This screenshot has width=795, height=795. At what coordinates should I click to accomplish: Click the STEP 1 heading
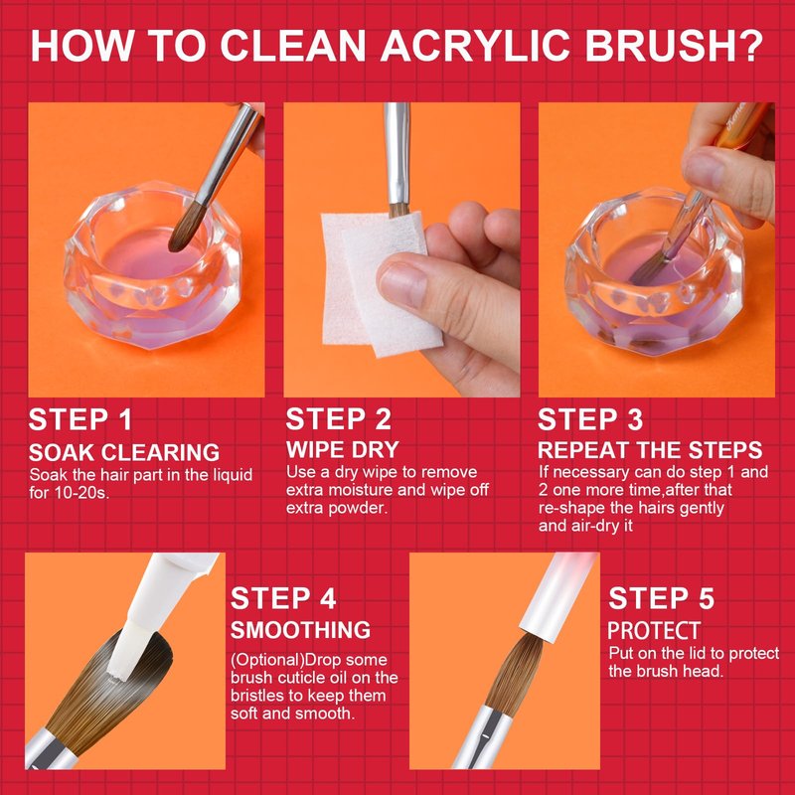(x=79, y=419)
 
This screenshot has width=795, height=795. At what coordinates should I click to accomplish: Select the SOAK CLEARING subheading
(x=124, y=452)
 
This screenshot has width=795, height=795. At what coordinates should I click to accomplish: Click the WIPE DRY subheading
(x=343, y=450)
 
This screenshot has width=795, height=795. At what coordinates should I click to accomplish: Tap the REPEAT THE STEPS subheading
(x=650, y=450)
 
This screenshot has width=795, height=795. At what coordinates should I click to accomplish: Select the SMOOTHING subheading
(x=301, y=630)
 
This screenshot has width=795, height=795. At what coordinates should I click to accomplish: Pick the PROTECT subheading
(x=654, y=631)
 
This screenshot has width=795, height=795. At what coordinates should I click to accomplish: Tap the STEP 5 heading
(x=661, y=598)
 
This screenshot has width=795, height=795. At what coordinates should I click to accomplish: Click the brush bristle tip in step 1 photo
(x=173, y=247)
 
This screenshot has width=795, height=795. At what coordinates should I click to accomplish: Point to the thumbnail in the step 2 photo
(x=403, y=285)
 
